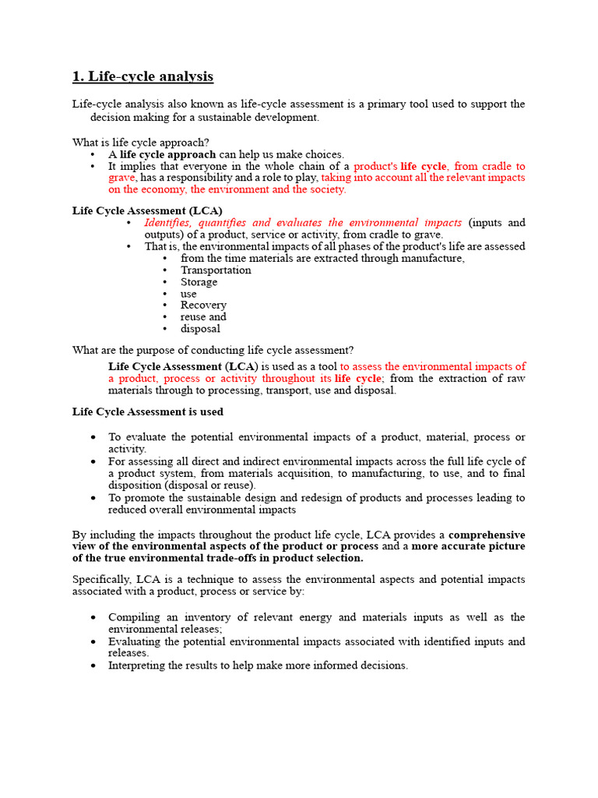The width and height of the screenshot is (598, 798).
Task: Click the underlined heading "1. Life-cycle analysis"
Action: point(142,76)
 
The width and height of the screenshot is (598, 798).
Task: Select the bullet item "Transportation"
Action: point(216,270)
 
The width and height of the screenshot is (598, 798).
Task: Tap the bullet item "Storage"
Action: point(199,282)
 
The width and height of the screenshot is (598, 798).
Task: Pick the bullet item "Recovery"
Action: point(203,305)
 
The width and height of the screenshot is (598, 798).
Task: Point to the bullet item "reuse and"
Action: point(203,317)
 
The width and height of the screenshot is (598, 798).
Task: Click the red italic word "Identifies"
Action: point(167,223)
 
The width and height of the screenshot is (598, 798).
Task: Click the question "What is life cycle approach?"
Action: point(140,143)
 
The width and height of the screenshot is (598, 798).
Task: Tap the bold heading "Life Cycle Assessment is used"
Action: point(148,411)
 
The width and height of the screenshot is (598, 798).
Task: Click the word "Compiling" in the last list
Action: point(134,617)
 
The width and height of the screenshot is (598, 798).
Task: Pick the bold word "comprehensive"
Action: point(487,535)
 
